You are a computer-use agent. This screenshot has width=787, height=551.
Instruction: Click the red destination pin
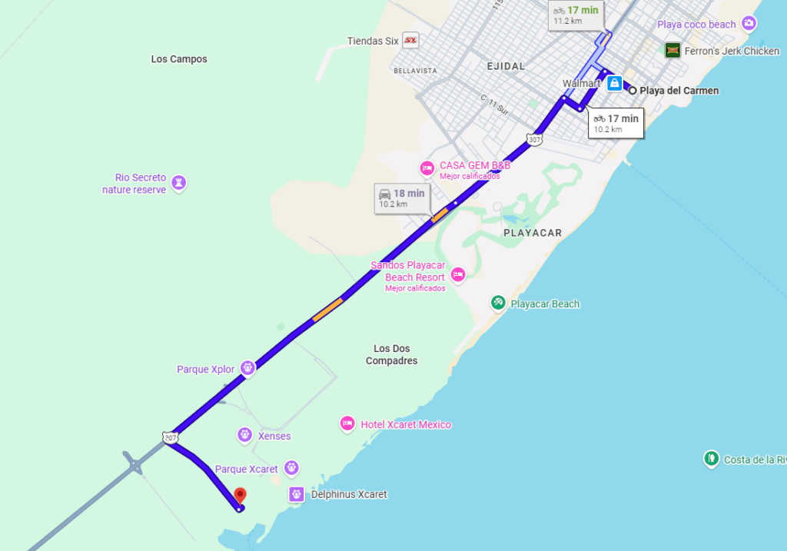point(240,496)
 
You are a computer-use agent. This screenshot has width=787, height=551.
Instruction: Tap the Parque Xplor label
point(205,370)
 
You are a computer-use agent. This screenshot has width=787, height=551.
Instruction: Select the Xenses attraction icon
point(244,436)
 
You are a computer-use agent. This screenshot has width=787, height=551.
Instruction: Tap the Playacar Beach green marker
point(498,304)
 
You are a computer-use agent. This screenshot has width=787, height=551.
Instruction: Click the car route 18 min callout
point(401,198)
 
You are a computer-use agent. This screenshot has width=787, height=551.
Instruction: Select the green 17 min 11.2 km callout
point(576,15)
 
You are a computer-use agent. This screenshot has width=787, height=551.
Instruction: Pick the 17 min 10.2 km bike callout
point(616,122)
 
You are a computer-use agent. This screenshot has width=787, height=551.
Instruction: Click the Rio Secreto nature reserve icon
point(179,183)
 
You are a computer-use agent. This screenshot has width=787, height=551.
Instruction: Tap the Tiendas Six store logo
point(410,41)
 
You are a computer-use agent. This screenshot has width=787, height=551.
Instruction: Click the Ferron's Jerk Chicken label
point(732,51)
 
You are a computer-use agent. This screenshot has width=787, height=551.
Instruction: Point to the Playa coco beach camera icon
point(749,24)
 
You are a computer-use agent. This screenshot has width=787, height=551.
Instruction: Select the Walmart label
point(580,83)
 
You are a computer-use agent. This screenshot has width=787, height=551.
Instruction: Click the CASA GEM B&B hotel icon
point(427,168)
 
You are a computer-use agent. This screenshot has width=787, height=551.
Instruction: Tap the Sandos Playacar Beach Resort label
point(408,271)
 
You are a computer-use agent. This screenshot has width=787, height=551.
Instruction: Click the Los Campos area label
point(179,59)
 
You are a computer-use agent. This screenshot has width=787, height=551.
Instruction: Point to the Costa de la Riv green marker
point(711,460)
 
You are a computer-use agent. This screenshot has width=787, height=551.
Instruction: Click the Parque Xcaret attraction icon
point(291,467)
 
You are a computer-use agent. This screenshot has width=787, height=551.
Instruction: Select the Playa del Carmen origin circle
point(633,91)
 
